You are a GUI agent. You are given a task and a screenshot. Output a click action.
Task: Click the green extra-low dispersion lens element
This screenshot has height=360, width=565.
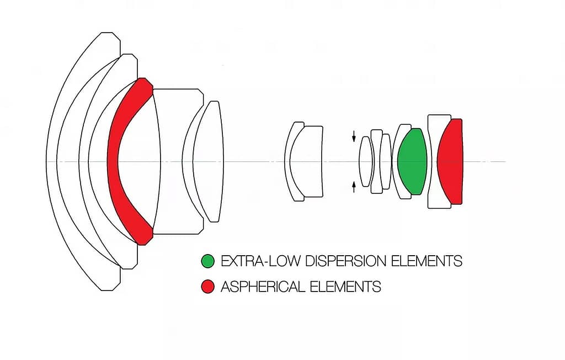(412, 161)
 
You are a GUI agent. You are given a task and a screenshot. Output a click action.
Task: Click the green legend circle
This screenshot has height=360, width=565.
(208, 261)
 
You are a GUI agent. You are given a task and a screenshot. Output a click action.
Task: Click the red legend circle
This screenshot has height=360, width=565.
(208, 287)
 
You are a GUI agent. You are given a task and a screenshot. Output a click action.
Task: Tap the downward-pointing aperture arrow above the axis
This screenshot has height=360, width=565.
(354, 136)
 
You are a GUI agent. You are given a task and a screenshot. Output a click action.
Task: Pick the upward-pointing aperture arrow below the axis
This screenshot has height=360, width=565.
(354, 187)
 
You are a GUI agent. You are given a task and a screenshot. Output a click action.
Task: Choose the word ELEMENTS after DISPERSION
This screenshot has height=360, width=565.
(427, 261)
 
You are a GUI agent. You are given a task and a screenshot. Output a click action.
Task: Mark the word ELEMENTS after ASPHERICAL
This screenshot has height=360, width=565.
(345, 287)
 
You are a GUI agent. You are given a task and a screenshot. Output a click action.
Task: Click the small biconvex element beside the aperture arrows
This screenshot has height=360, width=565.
(366, 161)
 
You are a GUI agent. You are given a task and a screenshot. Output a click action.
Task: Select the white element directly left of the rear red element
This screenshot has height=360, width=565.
(433, 161)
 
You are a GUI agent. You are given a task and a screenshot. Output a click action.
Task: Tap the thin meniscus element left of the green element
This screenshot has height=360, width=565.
(395, 161)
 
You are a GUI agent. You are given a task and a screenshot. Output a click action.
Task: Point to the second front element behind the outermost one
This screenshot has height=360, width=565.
(68, 161)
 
